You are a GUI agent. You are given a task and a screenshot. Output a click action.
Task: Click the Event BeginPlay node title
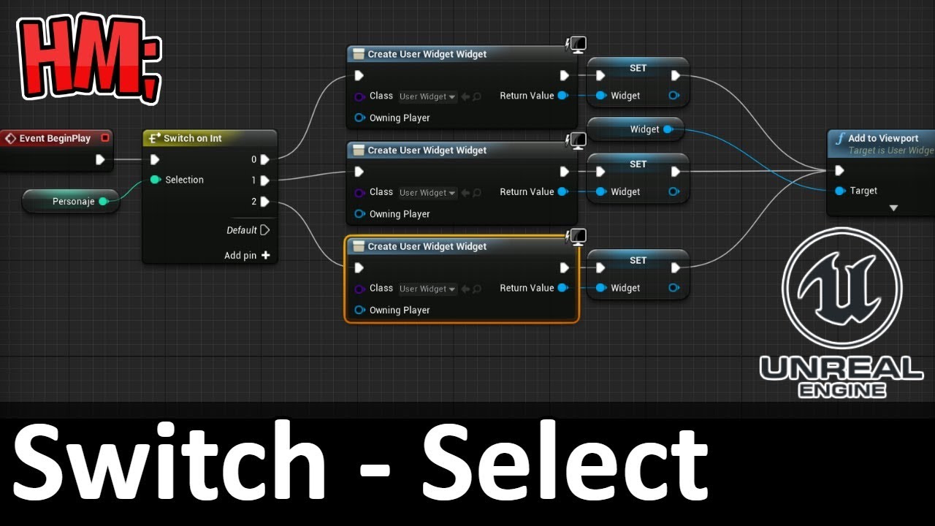click(55, 138)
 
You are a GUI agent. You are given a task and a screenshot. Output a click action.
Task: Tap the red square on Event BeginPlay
click(105, 138)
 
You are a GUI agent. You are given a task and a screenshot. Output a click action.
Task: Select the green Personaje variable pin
click(104, 202)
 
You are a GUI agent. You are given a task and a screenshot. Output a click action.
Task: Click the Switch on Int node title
click(192, 138)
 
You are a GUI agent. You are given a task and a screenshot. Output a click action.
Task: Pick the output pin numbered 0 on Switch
click(264, 159)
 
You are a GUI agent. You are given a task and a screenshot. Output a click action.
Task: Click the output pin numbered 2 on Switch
click(264, 202)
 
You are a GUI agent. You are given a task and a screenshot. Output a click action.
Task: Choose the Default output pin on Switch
click(264, 230)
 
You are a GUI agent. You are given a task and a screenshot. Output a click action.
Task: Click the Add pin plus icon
click(265, 255)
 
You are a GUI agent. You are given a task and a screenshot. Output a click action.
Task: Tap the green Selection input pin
click(156, 180)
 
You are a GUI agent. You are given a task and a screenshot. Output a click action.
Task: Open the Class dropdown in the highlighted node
click(427, 289)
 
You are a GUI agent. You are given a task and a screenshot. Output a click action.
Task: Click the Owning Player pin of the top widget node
click(359, 118)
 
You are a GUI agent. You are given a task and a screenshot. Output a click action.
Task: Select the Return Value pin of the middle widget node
click(563, 191)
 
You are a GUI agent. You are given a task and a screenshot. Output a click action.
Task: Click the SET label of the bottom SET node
click(638, 261)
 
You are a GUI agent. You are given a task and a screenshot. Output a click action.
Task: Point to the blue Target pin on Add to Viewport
click(840, 191)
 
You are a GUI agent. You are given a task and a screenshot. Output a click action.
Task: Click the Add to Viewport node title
click(883, 138)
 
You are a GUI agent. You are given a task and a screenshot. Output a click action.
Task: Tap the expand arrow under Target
click(893, 208)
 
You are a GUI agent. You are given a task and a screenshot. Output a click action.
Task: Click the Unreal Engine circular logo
click(841, 288)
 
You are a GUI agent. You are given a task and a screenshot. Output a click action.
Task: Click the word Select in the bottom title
click(565, 460)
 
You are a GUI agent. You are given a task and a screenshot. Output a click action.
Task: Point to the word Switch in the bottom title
click(169, 460)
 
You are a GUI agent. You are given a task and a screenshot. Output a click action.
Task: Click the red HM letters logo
click(90, 58)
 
